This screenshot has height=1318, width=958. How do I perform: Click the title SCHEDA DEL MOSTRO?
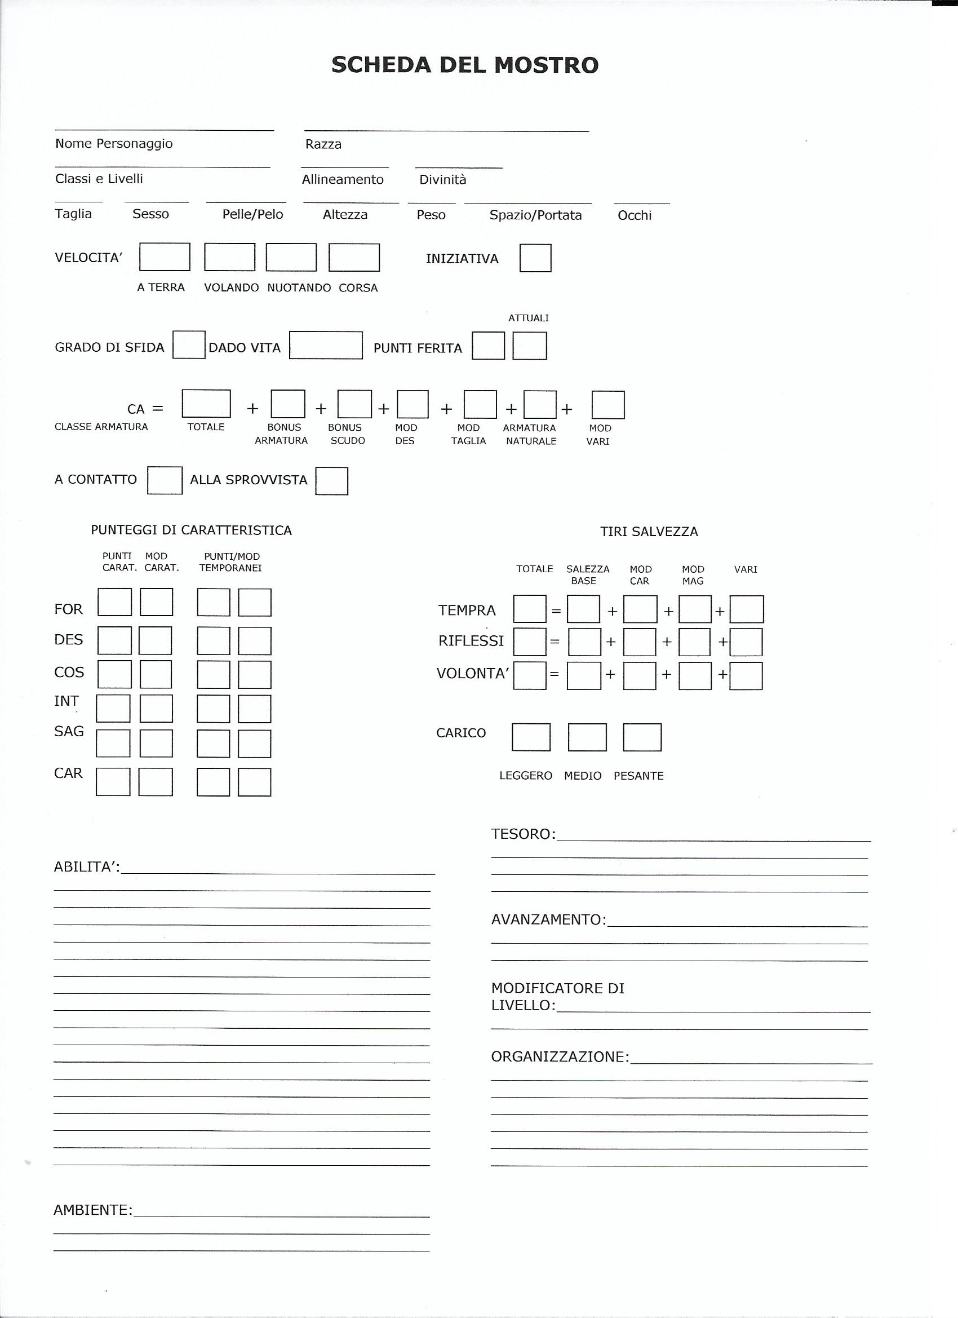point(465,65)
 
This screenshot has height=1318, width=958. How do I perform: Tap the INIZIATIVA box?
point(535,258)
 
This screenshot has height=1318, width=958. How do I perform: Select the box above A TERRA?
point(165,257)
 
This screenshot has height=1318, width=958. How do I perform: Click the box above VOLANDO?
point(229,257)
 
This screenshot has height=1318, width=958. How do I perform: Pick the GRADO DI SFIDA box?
point(189,344)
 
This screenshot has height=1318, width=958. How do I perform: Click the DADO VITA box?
point(326,345)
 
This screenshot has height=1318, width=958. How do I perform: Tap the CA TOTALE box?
point(206,404)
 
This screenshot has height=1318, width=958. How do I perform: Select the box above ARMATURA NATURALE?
point(540,404)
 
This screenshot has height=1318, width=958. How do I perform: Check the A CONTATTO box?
point(165,481)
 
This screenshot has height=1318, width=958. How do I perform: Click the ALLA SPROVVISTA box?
point(332,481)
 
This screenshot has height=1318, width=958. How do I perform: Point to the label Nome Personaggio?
point(114,144)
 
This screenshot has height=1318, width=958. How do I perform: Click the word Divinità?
point(443,180)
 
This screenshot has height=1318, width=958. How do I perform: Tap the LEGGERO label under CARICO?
point(526,776)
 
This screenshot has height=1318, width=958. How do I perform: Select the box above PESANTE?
point(642,737)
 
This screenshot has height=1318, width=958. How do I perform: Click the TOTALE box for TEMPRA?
point(530,609)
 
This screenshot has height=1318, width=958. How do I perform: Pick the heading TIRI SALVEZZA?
point(649,532)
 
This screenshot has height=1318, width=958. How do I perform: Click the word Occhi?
point(635,215)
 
